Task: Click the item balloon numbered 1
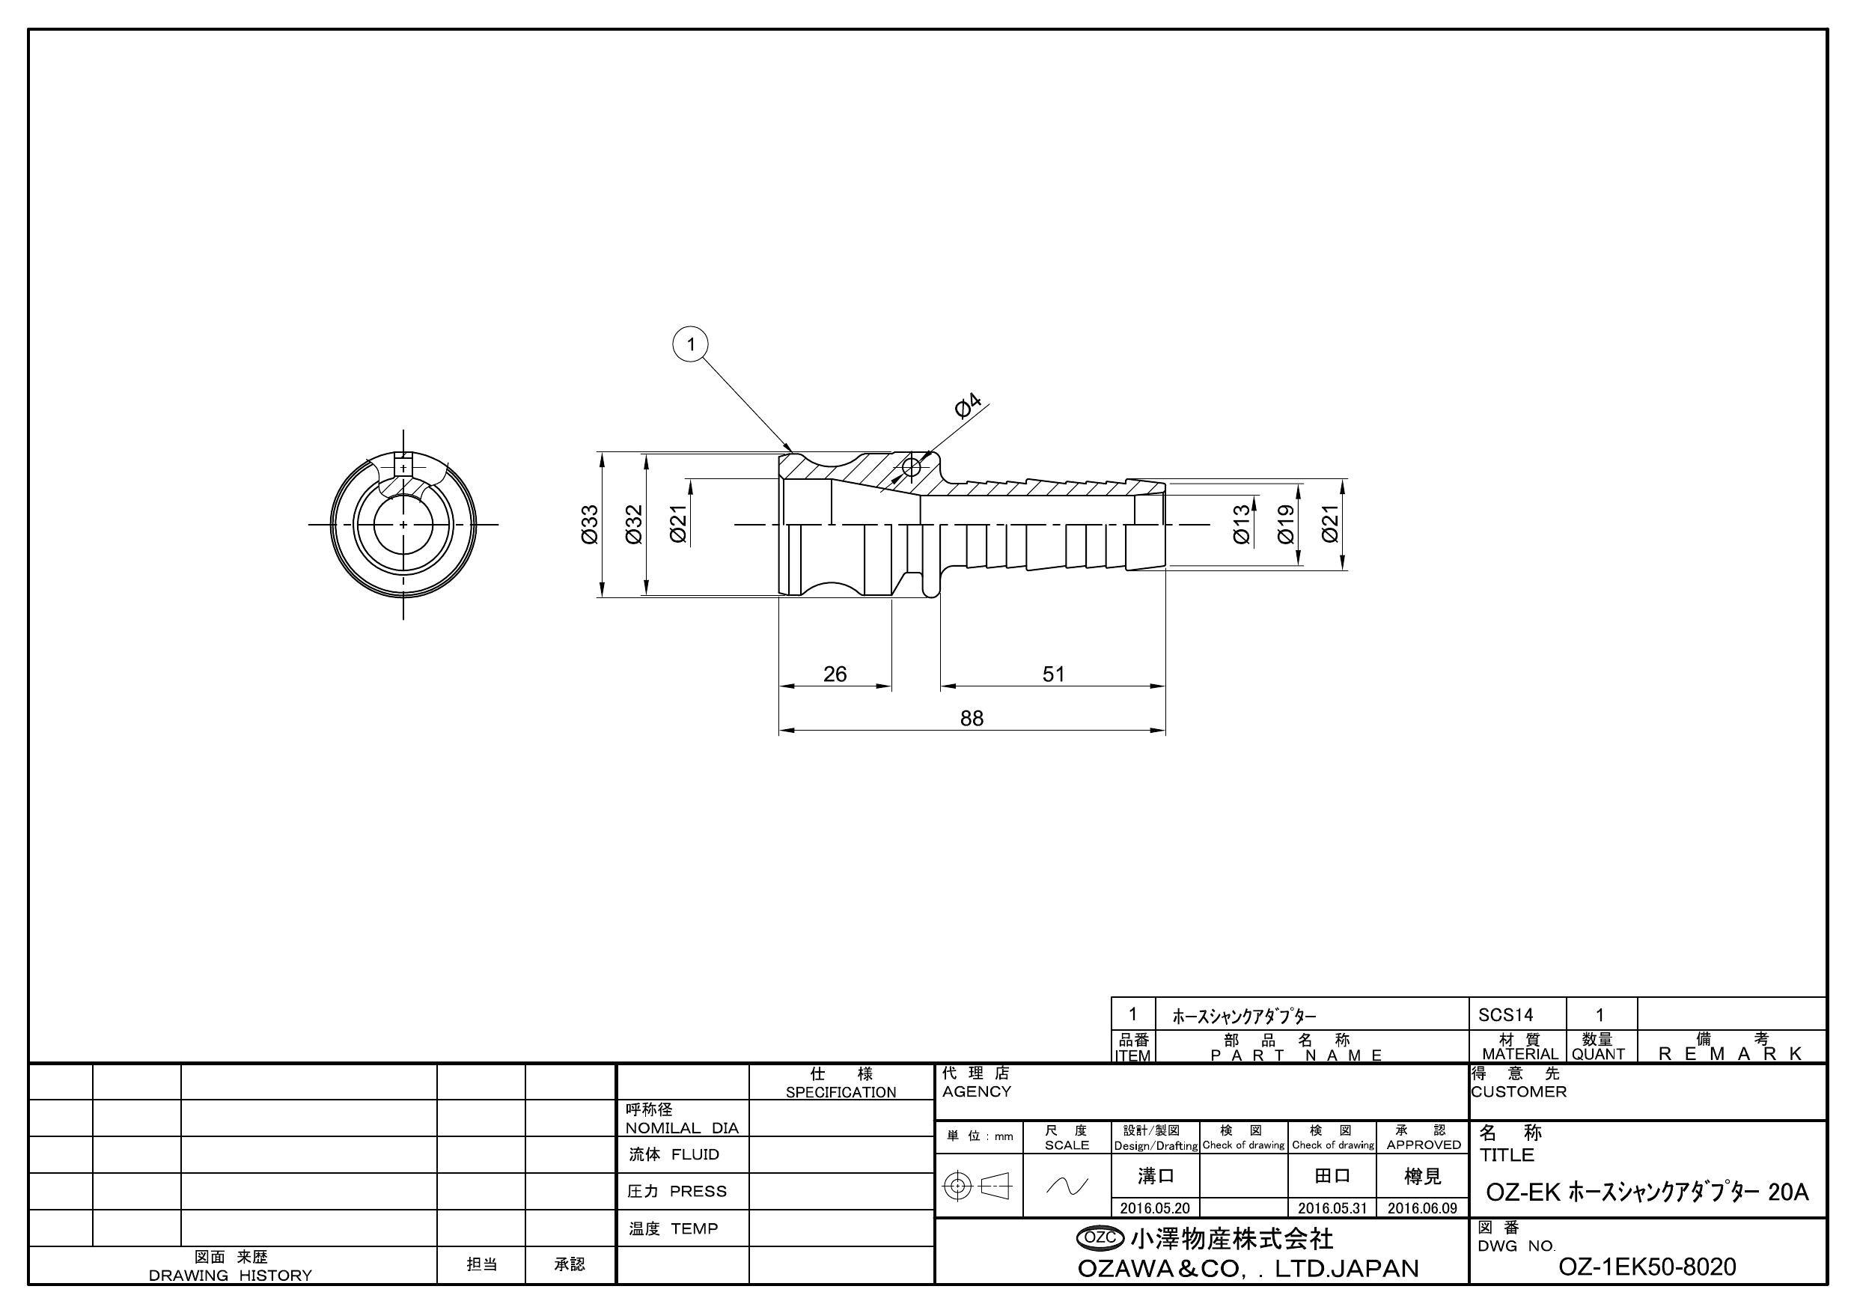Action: pos(691,344)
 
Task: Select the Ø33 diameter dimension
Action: pos(590,524)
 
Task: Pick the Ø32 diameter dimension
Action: pos(634,524)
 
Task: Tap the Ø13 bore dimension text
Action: pos(1242,524)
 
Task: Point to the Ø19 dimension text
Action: pos(1286,524)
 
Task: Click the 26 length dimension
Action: pos(835,674)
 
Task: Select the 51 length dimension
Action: pos(1053,674)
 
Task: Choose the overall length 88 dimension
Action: pos(972,719)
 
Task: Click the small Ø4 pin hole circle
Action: pos(912,468)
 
